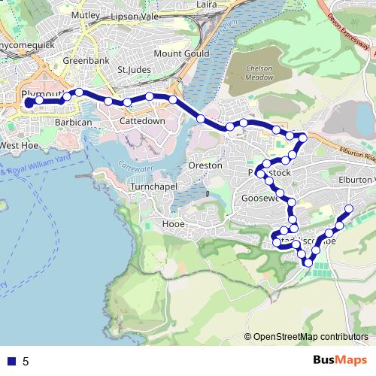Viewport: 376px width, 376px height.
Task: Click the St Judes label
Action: point(135,70)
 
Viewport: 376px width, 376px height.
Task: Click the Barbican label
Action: point(74,121)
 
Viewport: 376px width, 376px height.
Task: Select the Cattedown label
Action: point(143,121)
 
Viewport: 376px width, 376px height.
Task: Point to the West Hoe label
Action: point(19,145)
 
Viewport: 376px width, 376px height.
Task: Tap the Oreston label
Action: point(205,165)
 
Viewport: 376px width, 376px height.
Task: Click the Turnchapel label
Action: point(153,186)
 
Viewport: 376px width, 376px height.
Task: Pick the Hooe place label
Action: point(173,223)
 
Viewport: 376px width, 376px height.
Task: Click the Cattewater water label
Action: point(133,156)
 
